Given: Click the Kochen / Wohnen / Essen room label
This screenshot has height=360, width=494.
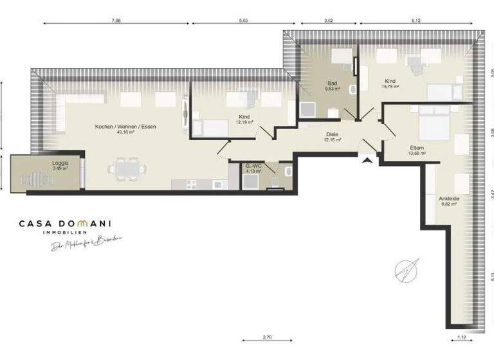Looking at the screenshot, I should pos(125,127).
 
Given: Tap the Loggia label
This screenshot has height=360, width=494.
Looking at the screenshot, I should pos(60,163).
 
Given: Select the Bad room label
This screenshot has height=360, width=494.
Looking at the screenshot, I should pos(332,84).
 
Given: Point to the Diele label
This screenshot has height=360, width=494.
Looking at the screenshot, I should pos(333,133).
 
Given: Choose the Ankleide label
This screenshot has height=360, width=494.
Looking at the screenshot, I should pos(449,199).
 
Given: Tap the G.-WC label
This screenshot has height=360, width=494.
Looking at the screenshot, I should pos(254,166).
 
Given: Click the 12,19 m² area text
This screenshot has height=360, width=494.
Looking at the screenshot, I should pos(242,122).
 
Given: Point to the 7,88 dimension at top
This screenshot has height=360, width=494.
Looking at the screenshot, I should pos(116,21).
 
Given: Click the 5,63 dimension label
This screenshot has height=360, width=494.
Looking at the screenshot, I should pos(244,21).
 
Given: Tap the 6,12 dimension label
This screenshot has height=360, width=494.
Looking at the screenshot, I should pos(422,21).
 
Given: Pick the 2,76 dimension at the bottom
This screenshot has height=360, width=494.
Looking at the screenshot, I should pos(267,337).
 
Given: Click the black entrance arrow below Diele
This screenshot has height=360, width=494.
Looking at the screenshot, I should pos(367,161).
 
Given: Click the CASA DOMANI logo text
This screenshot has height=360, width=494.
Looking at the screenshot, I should pos(65,224).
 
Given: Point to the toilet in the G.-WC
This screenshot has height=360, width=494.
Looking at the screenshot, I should pos(287,172).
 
